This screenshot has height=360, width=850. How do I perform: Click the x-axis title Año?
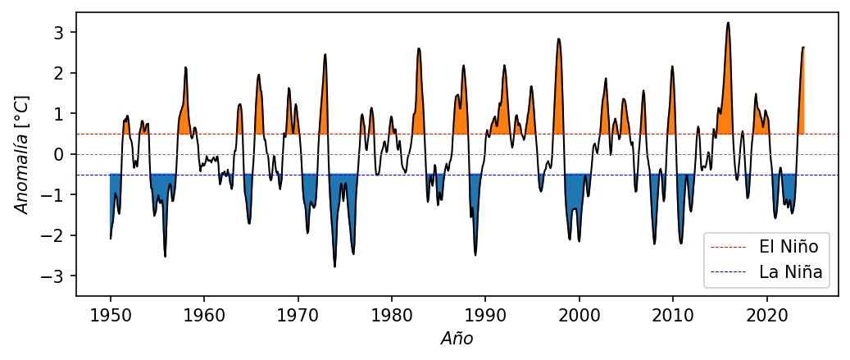(x=457, y=338)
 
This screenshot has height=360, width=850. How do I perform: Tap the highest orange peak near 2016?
(x=728, y=23)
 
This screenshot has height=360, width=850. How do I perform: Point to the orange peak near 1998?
(x=558, y=39)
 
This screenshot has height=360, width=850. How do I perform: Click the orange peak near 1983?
(x=419, y=48)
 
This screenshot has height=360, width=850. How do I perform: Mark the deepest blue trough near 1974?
(x=334, y=267)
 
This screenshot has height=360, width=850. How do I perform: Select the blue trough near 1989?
(x=475, y=255)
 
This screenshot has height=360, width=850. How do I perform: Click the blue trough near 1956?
(x=165, y=257)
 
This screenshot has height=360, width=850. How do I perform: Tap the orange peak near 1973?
(x=325, y=55)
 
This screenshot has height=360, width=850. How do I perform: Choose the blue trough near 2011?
(x=681, y=243)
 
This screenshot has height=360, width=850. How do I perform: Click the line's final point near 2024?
(x=804, y=48)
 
